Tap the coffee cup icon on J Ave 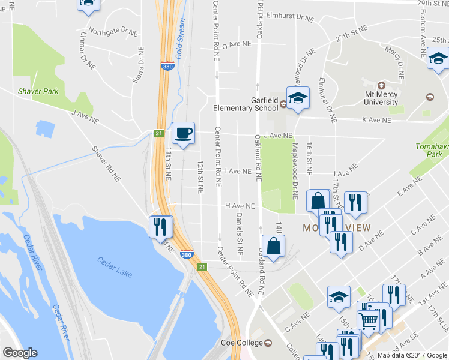click(184, 132)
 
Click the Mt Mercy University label click(390, 98)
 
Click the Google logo click(20, 352)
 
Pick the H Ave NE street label click(240, 205)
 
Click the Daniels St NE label click(239, 233)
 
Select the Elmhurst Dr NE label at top click(291, 19)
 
